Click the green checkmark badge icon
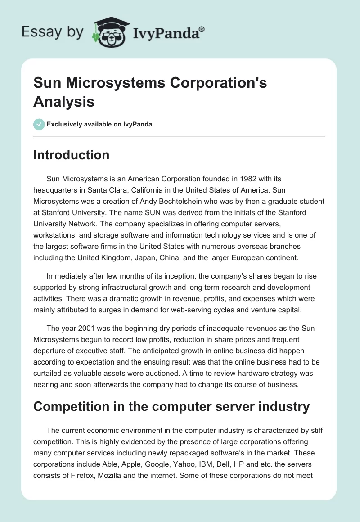pyautogui.click(x=39, y=124)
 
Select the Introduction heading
pyautogui.click(x=72, y=155)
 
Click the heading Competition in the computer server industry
pyautogui.click(x=172, y=407)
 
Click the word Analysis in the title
pyautogui.click(x=64, y=102)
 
